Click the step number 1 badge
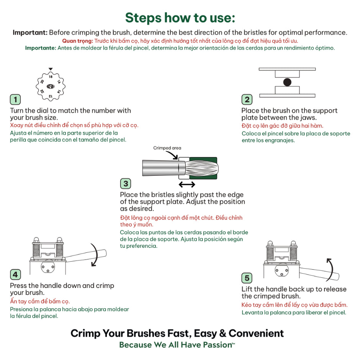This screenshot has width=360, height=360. click(15, 100)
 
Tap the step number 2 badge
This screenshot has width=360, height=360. click(247, 100)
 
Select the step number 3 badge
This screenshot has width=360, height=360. click(126, 183)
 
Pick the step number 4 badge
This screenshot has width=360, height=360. click(15, 275)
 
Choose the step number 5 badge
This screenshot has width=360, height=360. click(247, 278)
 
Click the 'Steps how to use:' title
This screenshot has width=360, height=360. click(180, 18)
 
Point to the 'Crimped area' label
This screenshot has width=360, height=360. click(167, 148)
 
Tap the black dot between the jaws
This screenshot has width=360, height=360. click(287, 82)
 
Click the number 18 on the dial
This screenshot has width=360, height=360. click(51, 77)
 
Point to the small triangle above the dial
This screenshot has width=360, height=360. click(51, 69)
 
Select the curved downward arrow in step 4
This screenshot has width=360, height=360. click(94, 254)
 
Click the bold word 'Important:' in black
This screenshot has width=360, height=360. click(30, 33)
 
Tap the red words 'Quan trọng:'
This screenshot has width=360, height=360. click(78, 41)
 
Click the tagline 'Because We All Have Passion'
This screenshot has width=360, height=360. click(176, 345)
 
